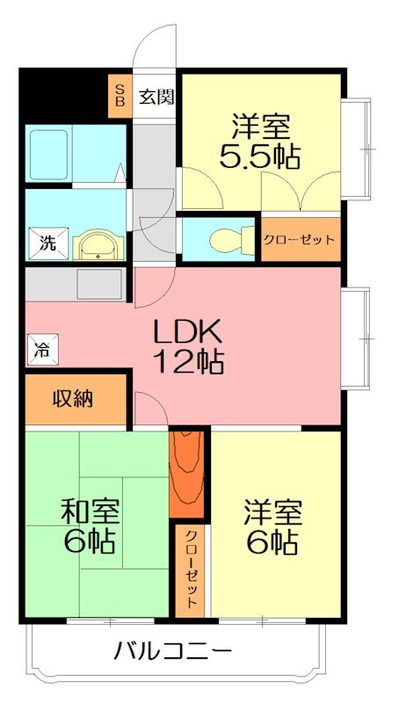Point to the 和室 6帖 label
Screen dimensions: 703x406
[x=88, y=525]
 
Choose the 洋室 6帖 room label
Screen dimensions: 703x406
[x=272, y=525]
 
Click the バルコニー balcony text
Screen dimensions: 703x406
[x=172, y=652]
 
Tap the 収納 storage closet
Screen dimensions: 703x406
[x=74, y=401]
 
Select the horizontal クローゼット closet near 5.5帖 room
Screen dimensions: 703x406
[x=300, y=239]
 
